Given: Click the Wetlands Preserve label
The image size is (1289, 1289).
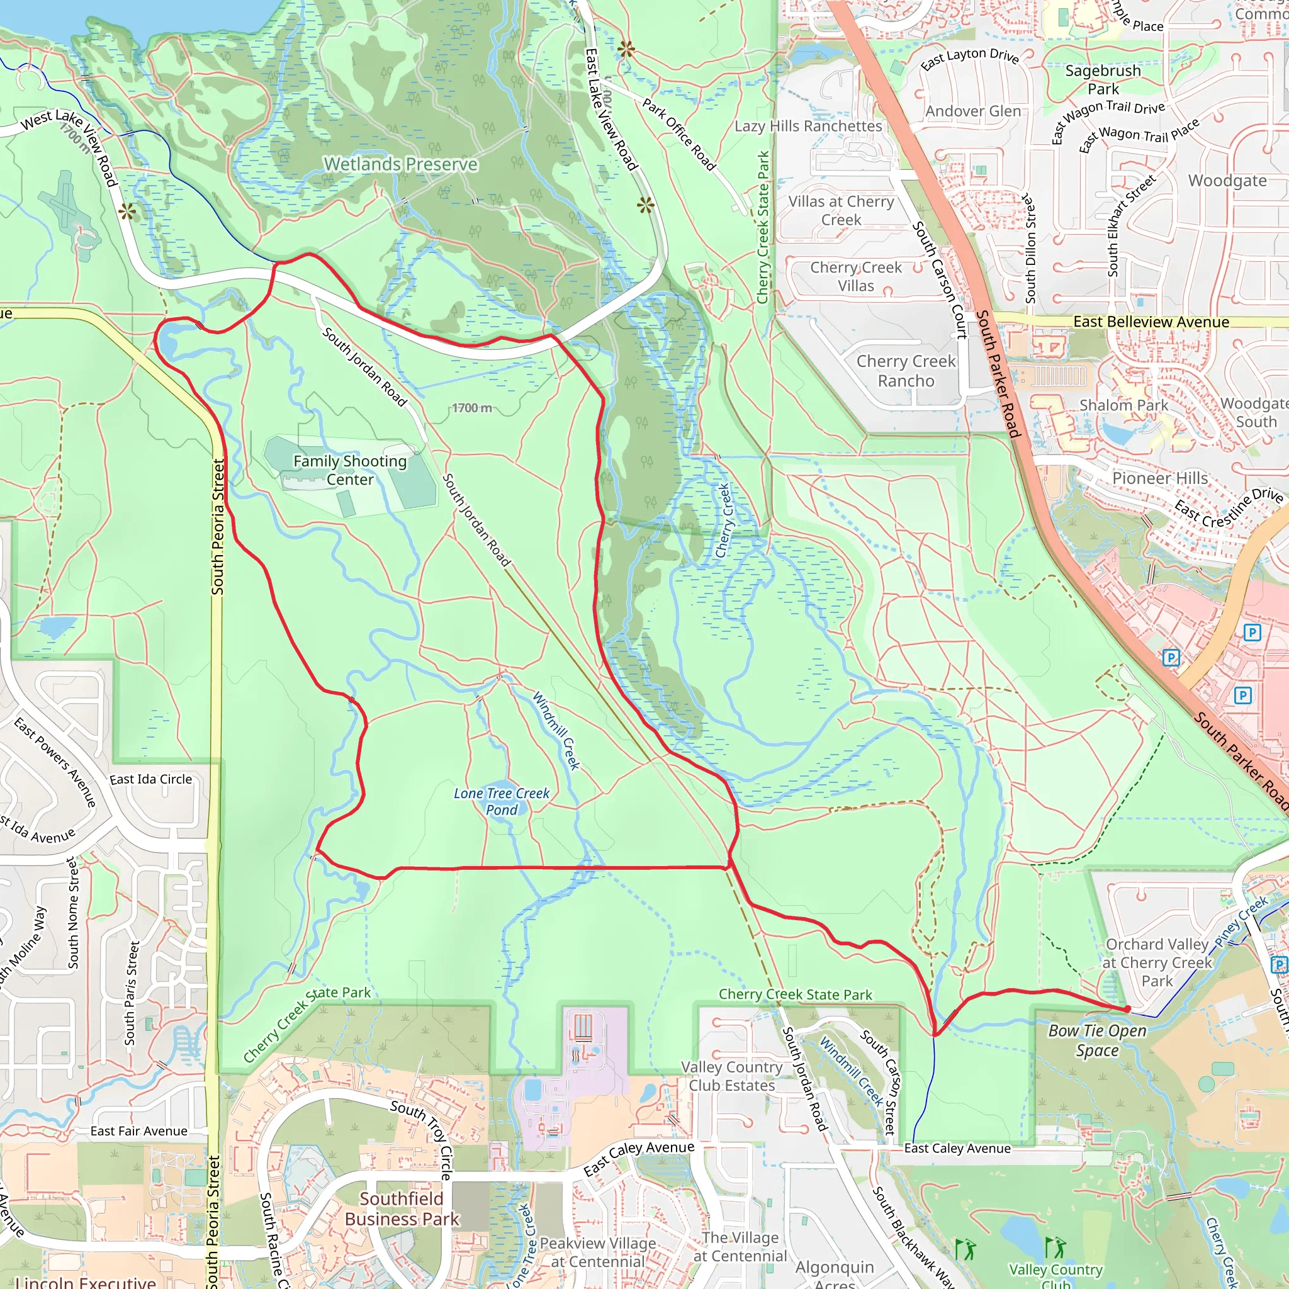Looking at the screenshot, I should click(400, 164).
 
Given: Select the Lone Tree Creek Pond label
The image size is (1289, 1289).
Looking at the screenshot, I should click(502, 801).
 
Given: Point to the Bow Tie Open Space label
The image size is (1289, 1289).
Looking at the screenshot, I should click(1097, 1040).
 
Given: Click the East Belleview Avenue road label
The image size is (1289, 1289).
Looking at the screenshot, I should click(1151, 322).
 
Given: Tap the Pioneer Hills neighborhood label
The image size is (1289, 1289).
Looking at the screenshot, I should click(1159, 478).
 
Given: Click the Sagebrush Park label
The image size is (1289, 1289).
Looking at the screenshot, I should click(1103, 79).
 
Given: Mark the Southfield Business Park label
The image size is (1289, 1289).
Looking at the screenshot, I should click(402, 1209).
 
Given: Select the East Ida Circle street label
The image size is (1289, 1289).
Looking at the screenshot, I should click(151, 779).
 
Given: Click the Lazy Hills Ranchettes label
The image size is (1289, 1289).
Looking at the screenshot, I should click(808, 126).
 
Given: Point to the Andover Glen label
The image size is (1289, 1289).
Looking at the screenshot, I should click(973, 111).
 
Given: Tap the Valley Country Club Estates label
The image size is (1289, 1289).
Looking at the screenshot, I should click(732, 1076).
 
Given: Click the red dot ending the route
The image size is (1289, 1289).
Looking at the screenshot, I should click(1127, 1009).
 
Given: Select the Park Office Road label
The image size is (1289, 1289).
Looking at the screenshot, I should click(678, 134).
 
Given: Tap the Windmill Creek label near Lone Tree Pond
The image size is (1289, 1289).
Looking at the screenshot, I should click(556, 731).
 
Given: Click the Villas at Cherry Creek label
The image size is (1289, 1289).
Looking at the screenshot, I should click(841, 211).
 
